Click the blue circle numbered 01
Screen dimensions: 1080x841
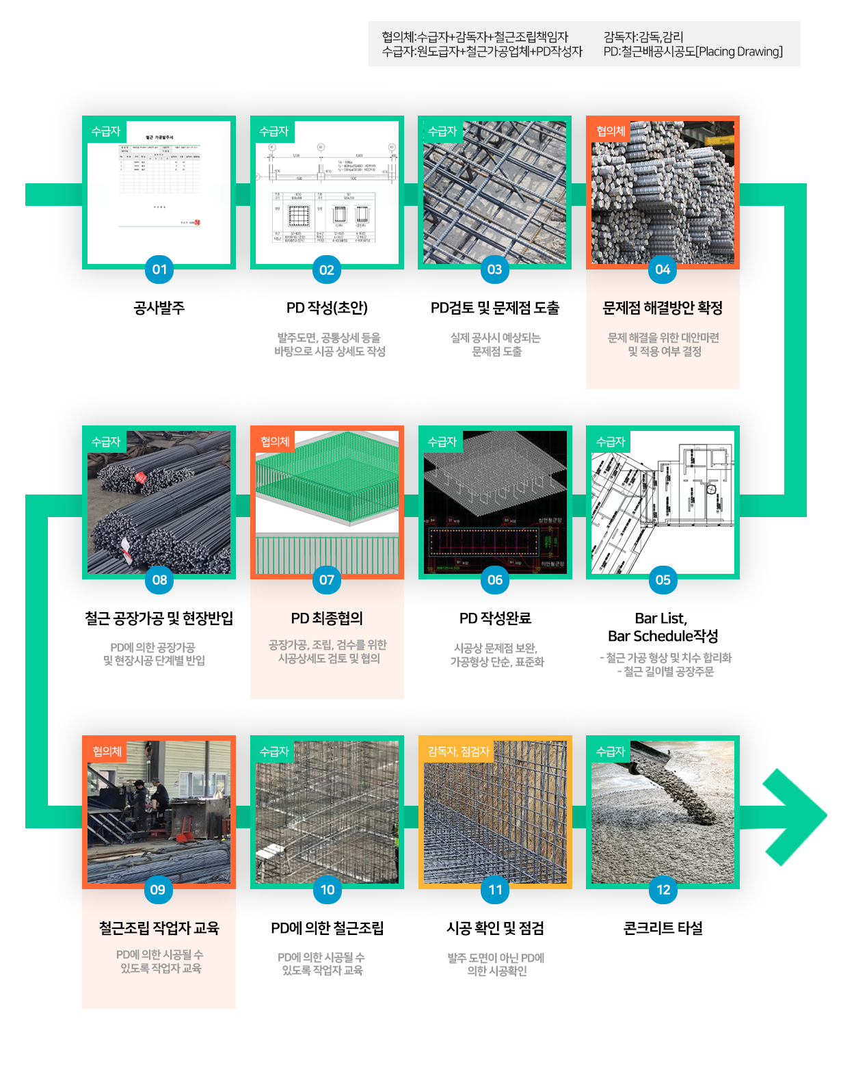(x=159, y=269)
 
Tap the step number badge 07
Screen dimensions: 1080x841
(x=327, y=580)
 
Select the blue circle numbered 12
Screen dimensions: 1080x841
(x=663, y=890)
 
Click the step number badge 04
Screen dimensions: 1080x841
(x=663, y=269)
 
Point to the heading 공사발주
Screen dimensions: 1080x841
(x=159, y=308)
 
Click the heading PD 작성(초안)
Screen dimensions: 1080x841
(x=327, y=308)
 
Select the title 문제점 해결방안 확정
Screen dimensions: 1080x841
(x=663, y=308)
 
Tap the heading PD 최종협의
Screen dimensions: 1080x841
(x=327, y=618)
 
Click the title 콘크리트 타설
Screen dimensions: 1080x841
(x=663, y=928)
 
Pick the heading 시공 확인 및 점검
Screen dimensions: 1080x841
(x=495, y=928)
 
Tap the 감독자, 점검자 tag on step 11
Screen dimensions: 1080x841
(x=458, y=752)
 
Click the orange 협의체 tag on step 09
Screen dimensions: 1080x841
(x=107, y=752)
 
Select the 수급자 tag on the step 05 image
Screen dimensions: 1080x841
(x=611, y=442)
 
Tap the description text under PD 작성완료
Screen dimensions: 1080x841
(x=496, y=655)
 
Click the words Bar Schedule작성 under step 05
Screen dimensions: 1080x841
(x=663, y=636)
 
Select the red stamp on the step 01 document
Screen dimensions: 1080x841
(x=197, y=222)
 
